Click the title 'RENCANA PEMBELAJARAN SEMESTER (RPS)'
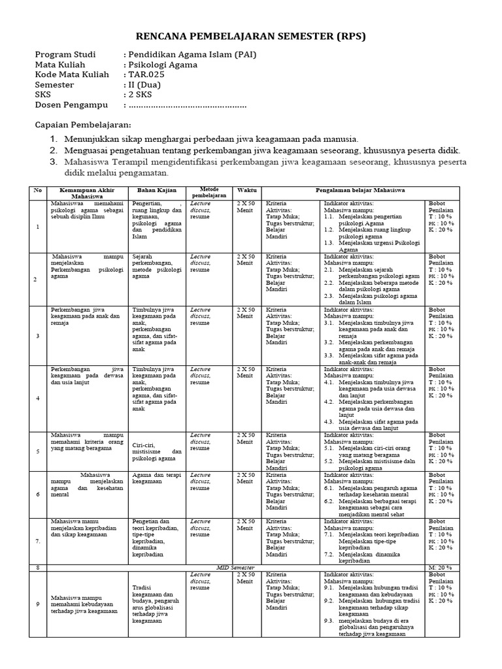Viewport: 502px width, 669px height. [x=250, y=36]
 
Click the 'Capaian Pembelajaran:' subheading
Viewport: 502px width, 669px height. [x=82, y=124]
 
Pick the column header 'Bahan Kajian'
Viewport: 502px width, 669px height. [x=154, y=190]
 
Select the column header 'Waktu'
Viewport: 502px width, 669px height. [x=247, y=190]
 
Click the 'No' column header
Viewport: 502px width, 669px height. [x=38, y=190]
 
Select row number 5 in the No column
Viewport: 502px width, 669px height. [x=38, y=451]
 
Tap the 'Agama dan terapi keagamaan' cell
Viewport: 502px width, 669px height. [x=154, y=478]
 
